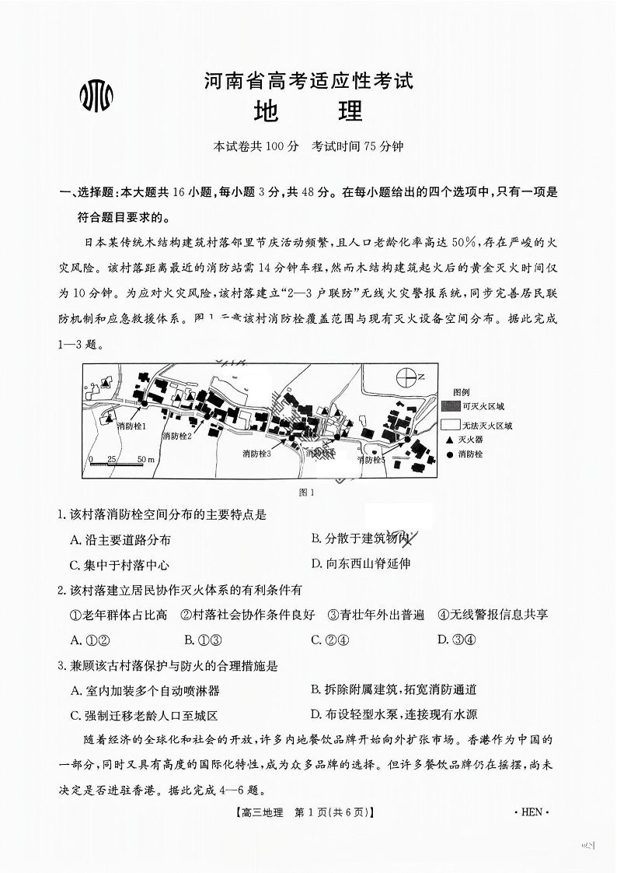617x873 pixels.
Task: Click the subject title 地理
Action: (308, 112)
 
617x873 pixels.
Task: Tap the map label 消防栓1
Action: (131, 426)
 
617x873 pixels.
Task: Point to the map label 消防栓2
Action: (176, 436)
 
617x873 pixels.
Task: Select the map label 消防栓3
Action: (256, 453)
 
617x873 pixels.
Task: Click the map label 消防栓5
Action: (371, 459)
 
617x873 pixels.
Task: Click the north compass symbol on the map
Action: (406, 377)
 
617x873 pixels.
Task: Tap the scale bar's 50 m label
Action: (145, 459)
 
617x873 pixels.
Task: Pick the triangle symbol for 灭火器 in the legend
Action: (450, 440)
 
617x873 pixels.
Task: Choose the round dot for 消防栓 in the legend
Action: (450, 454)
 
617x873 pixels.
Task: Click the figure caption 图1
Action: (307, 492)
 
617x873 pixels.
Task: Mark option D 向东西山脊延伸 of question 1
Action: (361, 563)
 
